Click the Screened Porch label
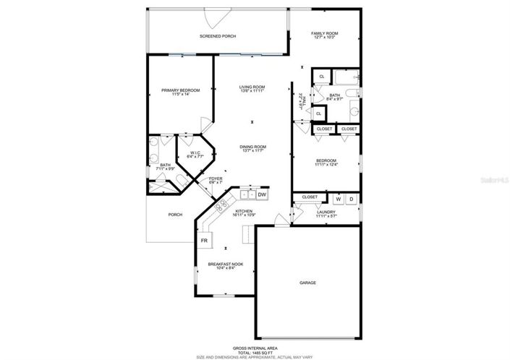click(x=218, y=36)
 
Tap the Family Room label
click(x=326, y=34)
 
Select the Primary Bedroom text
click(x=180, y=90)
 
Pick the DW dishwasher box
click(x=263, y=195)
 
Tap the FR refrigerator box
click(x=205, y=240)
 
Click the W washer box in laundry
click(x=338, y=199)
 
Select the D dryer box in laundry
click(x=352, y=199)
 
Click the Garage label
click(x=309, y=283)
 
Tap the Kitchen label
click(x=243, y=211)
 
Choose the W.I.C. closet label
click(x=195, y=153)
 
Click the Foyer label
click(x=216, y=179)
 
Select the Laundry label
click(x=326, y=212)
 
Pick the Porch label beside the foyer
click(x=175, y=215)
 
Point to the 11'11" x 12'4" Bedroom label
click(x=326, y=161)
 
